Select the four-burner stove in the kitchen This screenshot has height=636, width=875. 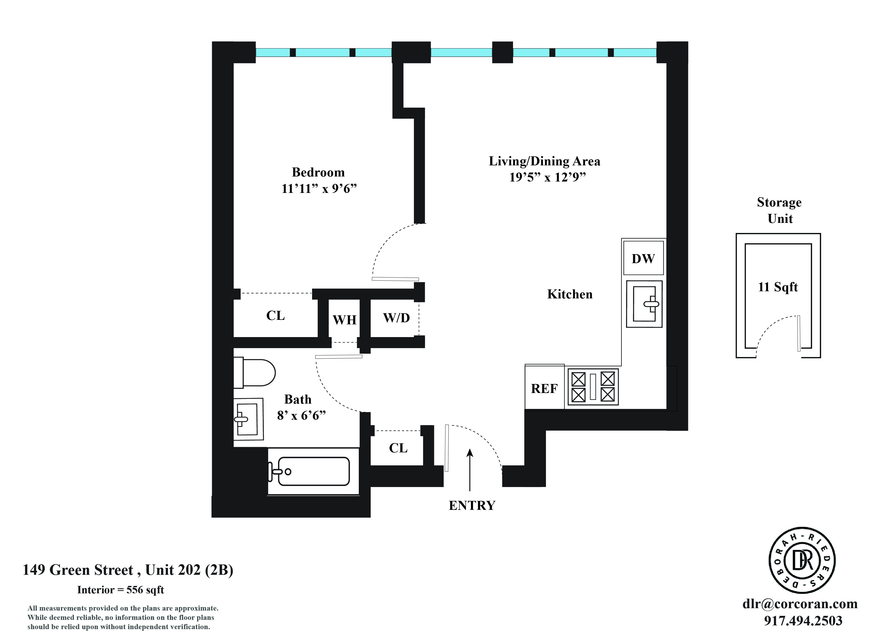point(593,387)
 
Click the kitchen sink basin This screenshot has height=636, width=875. point(644,304)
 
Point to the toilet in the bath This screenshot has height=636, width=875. point(255,373)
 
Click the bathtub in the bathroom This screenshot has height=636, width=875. point(313,471)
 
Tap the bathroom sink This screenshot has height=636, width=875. point(248,419)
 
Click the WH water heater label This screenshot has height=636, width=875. point(344,320)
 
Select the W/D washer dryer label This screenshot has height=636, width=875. point(396,318)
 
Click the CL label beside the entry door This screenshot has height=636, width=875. point(398,448)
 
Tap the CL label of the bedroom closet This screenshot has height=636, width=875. point(275,316)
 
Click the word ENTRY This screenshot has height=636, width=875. point(472,505)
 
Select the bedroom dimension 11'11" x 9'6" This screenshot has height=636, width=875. point(319,189)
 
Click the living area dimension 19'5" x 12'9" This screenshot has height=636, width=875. point(548,177)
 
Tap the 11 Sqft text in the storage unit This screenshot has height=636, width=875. point(778,287)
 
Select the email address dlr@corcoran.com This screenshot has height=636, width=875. point(800,604)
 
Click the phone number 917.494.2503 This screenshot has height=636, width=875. point(803,621)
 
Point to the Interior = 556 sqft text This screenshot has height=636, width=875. point(121,590)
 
